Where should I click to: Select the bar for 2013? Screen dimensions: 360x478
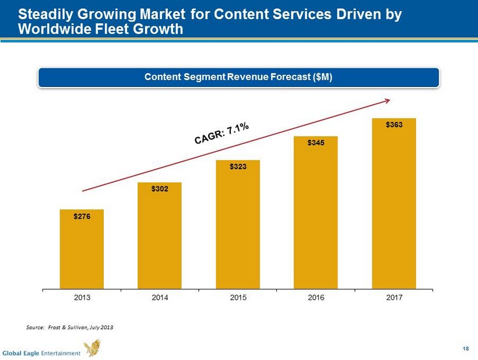[82, 249]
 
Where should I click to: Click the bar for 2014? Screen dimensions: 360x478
[160, 236]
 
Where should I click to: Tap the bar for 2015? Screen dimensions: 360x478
[238, 225]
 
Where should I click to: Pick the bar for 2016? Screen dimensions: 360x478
[316, 212]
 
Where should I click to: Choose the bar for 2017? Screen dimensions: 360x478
[394, 204]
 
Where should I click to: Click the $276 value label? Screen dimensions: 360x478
[82, 216]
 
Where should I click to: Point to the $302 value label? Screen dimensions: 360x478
[160, 189]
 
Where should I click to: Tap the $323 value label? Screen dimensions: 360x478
[238, 167]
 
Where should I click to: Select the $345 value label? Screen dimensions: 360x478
[316, 143]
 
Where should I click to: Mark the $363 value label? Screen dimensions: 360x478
[394, 124]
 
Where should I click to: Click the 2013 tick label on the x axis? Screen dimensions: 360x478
[82, 298]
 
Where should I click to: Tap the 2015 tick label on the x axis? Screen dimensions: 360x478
[238, 298]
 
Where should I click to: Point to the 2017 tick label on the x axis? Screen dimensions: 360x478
[394, 298]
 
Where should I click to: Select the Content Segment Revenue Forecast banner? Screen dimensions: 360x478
[238, 78]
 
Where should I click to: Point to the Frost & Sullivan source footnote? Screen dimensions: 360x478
[70, 327]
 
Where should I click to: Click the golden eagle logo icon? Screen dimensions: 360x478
[92, 348]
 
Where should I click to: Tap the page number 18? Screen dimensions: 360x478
[465, 349]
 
